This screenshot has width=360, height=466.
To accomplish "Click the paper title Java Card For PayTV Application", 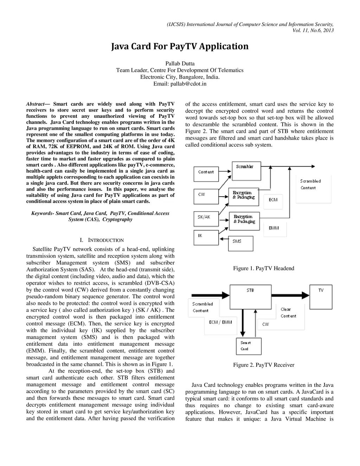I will point(180,46).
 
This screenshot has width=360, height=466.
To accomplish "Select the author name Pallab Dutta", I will point(180,64).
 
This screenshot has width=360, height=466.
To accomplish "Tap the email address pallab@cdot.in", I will point(180,84).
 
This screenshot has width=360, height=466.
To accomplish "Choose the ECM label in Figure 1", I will point(273,200).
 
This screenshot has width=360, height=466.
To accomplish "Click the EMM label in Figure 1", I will point(274,228).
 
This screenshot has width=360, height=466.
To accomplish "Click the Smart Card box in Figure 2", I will point(246,346).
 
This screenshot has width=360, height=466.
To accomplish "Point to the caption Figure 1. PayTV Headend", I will point(264,268).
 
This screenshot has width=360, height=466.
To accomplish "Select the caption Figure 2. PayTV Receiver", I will point(264,365).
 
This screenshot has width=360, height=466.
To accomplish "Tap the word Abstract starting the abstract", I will point(36,104).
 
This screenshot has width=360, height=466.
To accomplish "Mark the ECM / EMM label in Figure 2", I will point(220,322).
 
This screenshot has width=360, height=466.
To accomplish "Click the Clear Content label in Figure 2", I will point(288,313).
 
